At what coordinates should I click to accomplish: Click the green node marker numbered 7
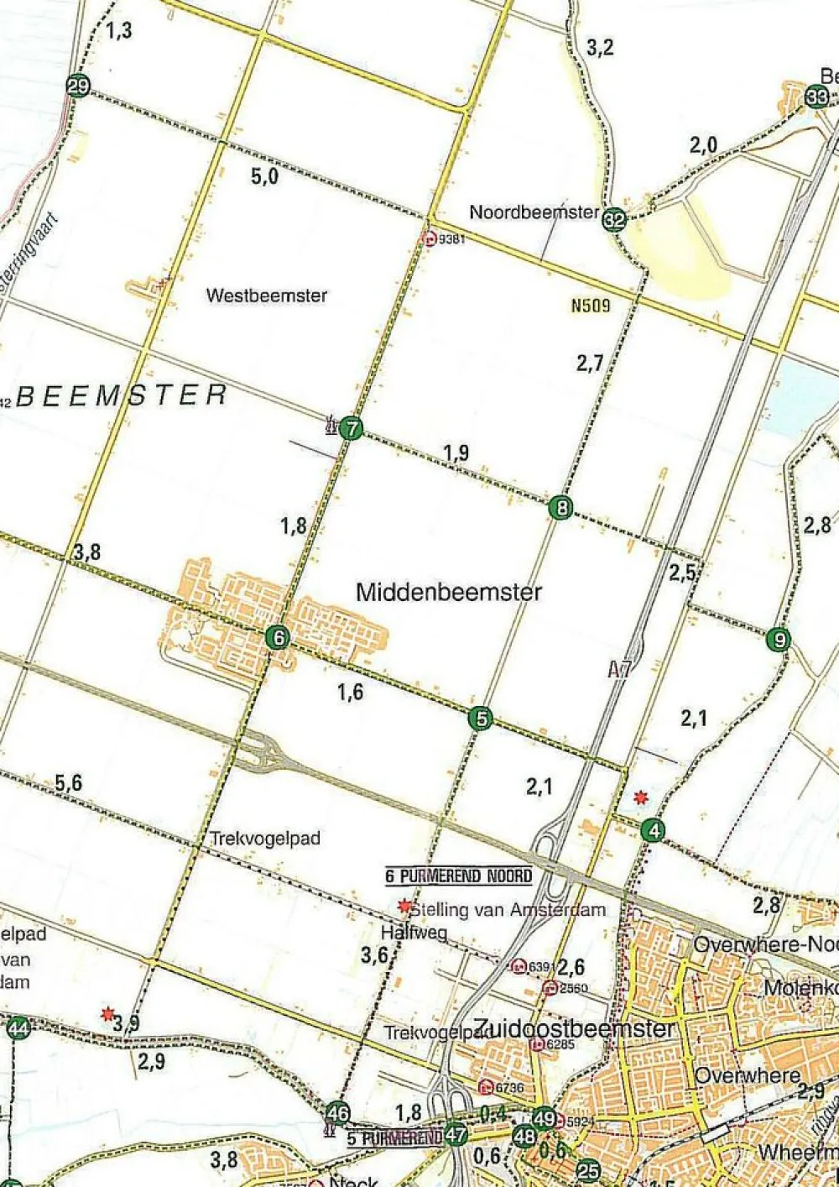[x=352, y=429]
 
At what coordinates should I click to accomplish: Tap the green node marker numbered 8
[x=560, y=508]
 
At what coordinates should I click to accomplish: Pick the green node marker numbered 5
[x=480, y=719]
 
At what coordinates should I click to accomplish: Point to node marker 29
[x=78, y=86]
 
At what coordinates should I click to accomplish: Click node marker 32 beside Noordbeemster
[x=615, y=219]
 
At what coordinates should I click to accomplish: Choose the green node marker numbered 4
[x=653, y=831]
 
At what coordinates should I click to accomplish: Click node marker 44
[x=18, y=1028]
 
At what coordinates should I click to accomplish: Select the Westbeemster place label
[x=267, y=295]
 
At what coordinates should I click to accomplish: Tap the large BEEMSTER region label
[x=122, y=395]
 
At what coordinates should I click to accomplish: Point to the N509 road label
[x=591, y=306]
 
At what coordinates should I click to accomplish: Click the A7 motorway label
[x=619, y=669]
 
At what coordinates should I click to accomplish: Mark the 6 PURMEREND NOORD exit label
[x=459, y=876]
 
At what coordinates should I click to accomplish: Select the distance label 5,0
[x=264, y=176]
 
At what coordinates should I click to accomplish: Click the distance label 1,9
[x=456, y=453]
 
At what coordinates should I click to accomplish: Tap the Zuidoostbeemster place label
[x=574, y=1029]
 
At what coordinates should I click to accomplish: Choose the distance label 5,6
[x=69, y=783]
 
